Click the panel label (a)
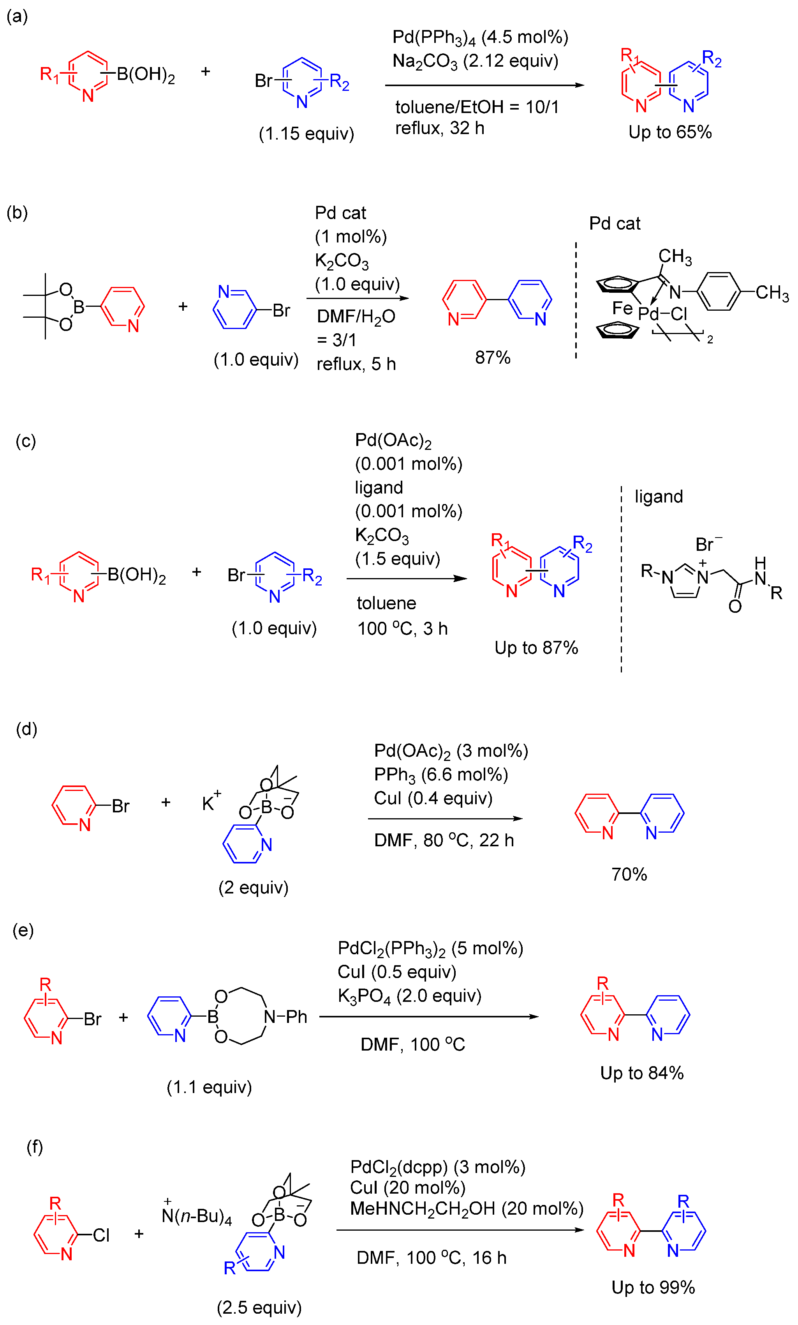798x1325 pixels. click(x=17, y=16)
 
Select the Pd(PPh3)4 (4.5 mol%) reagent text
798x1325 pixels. click(x=480, y=37)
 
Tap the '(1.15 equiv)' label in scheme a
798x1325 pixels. click(x=306, y=133)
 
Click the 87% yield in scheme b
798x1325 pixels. click(x=492, y=357)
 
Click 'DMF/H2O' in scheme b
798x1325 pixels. click(x=356, y=317)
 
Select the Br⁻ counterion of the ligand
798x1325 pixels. click(x=708, y=544)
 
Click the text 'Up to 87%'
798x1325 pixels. click(x=536, y=647)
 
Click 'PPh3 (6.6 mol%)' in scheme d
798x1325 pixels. click(x=440, y=774)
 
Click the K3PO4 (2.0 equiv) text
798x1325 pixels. click(x=409, y=996)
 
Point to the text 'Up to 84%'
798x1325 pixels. click(x=641, y=1073)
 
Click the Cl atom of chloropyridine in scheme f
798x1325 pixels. click(x=101, y=1235)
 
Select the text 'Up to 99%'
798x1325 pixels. click(x=653, y=1287)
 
